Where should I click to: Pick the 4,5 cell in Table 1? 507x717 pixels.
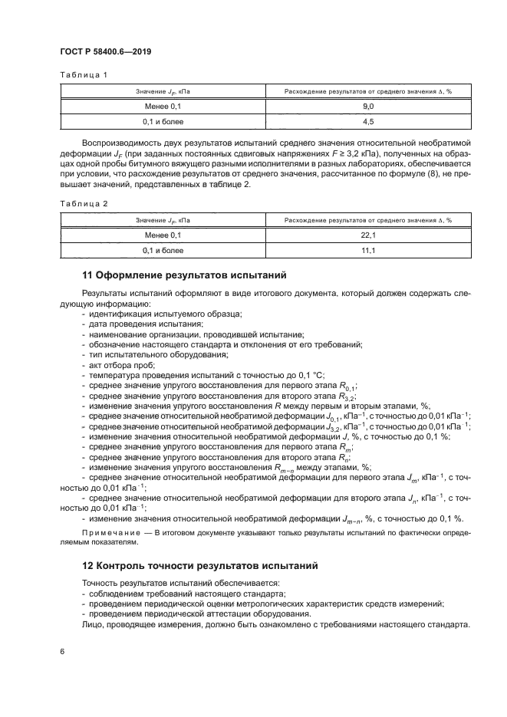pos(367,122)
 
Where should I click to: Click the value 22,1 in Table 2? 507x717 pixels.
pos(367,235)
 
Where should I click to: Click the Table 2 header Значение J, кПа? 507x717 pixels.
pos(162,219)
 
